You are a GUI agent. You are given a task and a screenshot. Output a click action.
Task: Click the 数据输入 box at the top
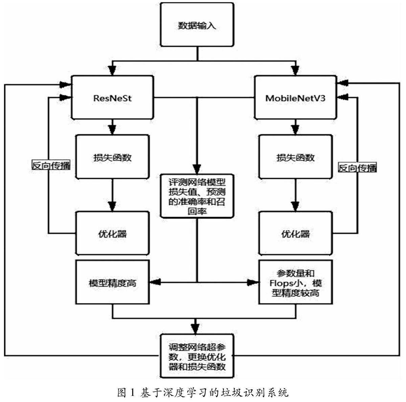[x=197, y=25]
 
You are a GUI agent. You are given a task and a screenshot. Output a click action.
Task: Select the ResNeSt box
[x=112, y=97]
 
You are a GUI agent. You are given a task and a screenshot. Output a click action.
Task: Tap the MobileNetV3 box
[x=295, y=97]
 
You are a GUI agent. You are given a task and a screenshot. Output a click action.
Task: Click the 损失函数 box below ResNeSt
[x=112, y=157]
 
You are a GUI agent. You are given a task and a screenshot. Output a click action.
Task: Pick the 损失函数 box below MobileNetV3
[x=295, y=157]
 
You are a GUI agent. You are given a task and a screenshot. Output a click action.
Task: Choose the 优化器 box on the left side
[x=112, y=233]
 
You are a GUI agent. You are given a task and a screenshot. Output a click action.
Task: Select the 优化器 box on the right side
[x=295, y=233]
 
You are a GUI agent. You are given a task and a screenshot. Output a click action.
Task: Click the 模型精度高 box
[x=112, y=282]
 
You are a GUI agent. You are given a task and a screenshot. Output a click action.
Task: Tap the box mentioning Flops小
[x=295, y=282]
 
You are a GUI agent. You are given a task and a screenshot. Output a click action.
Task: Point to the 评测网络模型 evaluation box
[x=197, y=196]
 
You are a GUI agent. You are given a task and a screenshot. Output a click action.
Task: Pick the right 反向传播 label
[x=357, y=168]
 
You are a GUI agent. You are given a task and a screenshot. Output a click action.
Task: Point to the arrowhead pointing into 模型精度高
[x=155, y=282]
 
